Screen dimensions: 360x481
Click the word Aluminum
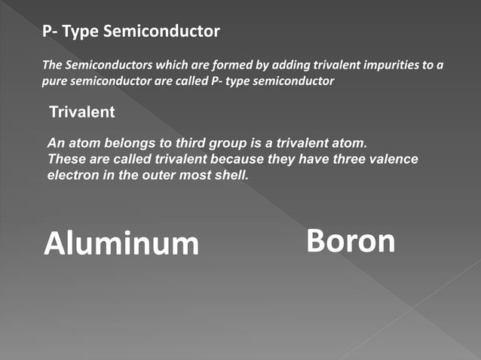121,243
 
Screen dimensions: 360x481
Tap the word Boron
351,241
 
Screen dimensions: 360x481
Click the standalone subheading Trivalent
81,113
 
